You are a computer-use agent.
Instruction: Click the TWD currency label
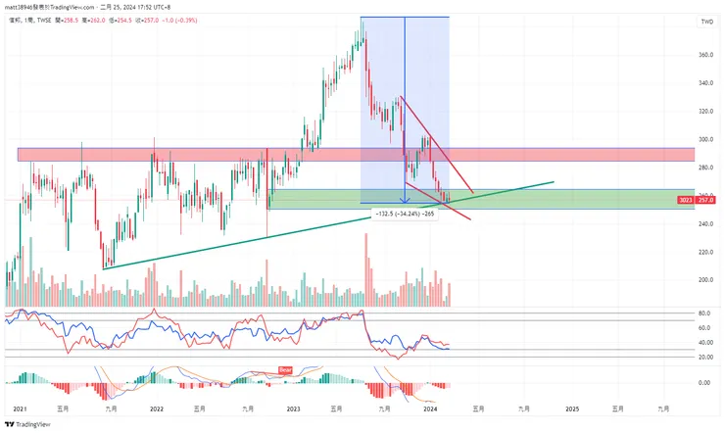(x=706, y=21)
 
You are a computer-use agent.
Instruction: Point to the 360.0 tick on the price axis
(x=705, y=55)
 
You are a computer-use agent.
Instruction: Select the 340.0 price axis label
(x=705, y=83)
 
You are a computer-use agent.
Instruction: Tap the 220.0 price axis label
(x=705, y=252)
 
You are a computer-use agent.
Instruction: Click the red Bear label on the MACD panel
(x=286, y=369)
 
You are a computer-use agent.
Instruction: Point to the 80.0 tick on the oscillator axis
(x=703, y=313)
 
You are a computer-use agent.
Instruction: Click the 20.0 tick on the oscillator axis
(x=703, y=357)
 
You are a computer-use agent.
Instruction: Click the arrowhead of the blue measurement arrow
(x=405, y=201)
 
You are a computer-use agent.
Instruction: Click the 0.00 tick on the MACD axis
(x=703, y=382)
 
